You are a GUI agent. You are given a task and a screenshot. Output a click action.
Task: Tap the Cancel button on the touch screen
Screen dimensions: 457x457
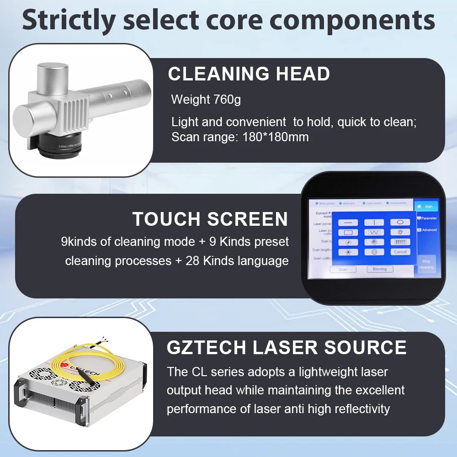[400, 252]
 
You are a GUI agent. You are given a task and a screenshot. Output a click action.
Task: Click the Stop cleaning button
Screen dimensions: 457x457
[426, 265]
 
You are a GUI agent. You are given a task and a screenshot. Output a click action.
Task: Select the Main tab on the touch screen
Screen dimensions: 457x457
[426, 207]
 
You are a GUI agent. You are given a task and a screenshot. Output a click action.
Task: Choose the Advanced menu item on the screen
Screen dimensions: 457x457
[427, 230]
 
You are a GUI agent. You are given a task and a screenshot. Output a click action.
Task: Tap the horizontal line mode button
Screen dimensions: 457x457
[348, 222]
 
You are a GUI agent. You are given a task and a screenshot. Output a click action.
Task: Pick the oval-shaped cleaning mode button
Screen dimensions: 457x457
[400, 222]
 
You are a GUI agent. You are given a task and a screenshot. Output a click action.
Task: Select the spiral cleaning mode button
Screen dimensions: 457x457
[400, 232]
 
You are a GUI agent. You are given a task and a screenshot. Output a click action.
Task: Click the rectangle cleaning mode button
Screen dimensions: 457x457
[348, 232]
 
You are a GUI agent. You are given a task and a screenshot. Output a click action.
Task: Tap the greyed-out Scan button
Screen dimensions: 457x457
[343, 270]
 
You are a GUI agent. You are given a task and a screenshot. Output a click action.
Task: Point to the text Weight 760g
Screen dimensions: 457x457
[206, 99]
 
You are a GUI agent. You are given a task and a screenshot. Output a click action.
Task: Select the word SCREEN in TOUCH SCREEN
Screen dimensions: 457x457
[248, 219]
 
